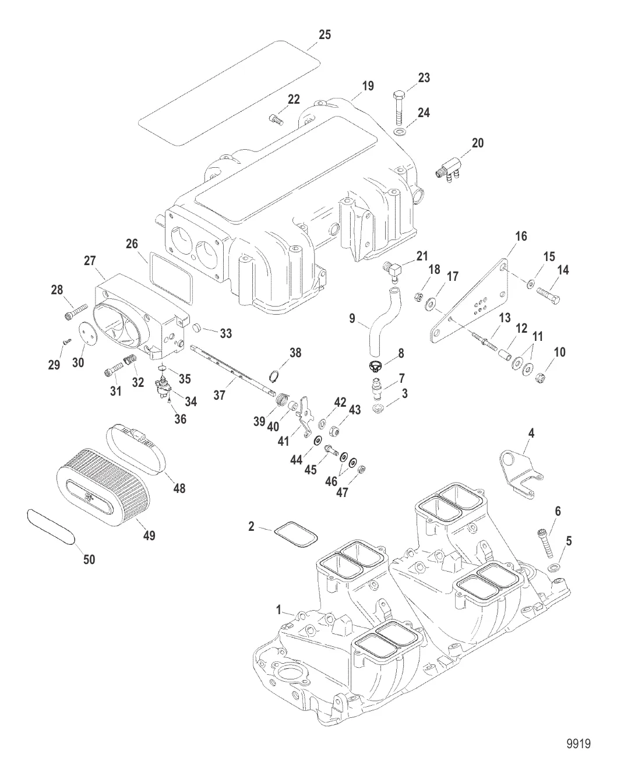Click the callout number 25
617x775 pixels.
click(x=324, y=35)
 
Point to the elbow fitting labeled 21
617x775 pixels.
click(x=393, y=269)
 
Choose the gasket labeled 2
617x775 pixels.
click(x=296, y=535)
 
